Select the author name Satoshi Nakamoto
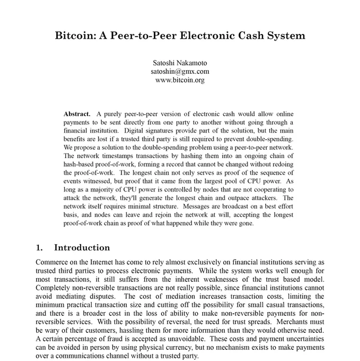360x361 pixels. pos(179,63)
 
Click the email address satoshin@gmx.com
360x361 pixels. pos(179,71)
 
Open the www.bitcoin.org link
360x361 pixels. pos(179,80)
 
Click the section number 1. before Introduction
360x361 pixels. pos(39,247)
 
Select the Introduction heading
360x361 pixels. pos(82,247)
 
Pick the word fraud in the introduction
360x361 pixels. pos(115,339)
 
